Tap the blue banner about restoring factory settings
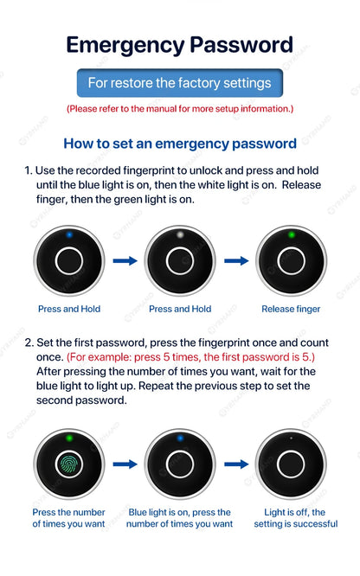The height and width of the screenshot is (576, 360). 179,84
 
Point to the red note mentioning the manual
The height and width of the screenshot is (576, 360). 179,109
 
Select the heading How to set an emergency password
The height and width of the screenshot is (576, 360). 180,144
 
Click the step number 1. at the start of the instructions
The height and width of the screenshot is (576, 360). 29,170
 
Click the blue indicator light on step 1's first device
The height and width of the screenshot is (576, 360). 69,234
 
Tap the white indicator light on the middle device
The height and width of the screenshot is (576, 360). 180,234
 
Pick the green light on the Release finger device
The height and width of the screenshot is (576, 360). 292,234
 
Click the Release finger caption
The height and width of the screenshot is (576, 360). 291,309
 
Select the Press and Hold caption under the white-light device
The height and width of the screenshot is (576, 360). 180,309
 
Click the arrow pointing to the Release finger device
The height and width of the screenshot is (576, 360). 236,260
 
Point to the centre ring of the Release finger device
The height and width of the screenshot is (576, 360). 292,260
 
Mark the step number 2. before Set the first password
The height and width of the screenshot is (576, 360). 29,342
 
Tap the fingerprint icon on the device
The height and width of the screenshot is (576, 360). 69,464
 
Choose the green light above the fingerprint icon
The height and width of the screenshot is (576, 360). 69,438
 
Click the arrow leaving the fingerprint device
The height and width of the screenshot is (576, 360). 125,464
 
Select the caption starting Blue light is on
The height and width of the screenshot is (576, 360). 180,518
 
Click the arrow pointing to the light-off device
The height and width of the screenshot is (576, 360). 236,464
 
